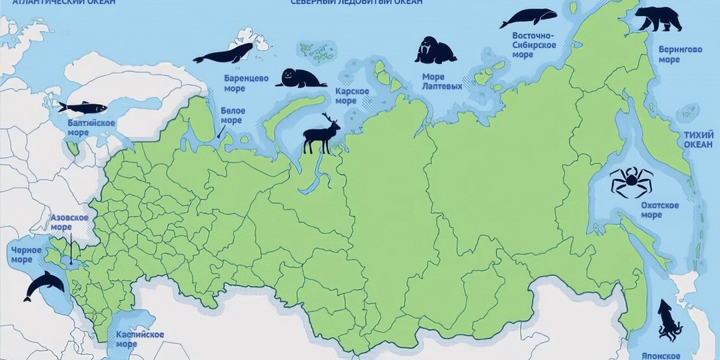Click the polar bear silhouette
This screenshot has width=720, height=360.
click(658, 19)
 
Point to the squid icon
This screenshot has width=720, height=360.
click(666, 320)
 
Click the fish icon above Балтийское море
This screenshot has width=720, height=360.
click(73, 107)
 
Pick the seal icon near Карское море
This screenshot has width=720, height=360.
click(299, 78)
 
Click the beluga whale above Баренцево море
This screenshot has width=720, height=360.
click(225, 53)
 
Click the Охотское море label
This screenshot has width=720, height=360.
click(660, 210)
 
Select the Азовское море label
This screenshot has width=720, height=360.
click(70, 223)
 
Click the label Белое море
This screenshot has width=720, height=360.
click(232, 115)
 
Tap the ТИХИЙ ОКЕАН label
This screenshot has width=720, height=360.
click(698, 140)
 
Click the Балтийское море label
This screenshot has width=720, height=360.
click(91, 127)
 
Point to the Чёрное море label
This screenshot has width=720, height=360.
click(26, 255)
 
